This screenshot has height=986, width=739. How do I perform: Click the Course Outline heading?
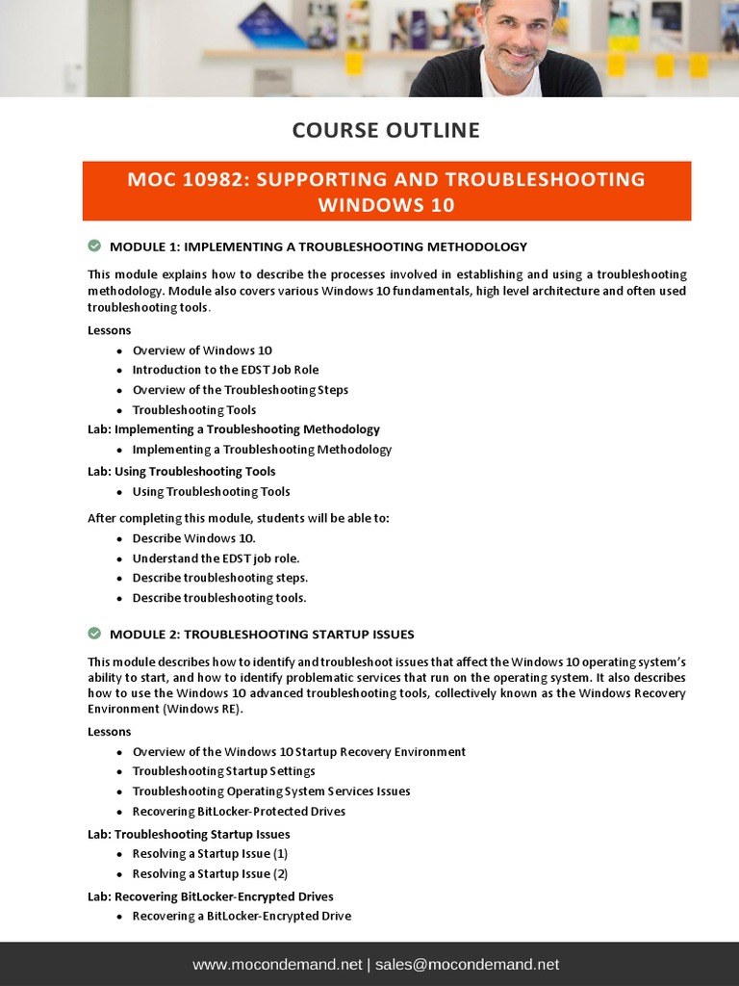[386, 130]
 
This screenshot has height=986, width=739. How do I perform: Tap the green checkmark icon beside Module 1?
[94, 246]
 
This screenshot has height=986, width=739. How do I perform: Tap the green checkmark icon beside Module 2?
[94, 634]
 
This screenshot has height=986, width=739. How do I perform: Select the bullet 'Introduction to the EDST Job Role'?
[225, 370]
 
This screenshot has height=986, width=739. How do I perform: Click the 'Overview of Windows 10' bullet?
[202, 350]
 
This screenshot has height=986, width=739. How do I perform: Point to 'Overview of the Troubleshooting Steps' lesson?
[240, 390]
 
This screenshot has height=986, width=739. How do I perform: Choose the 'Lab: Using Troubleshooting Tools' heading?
[181, 471]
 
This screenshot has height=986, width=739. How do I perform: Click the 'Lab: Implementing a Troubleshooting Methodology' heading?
[234, 429]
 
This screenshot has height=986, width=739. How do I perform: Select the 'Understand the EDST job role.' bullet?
[216, 558]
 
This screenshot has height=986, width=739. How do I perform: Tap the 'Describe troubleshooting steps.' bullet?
[219, 578]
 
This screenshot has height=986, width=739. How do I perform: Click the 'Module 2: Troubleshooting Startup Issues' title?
[262, 635]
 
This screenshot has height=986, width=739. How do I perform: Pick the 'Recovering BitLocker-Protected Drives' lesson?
[239, 812]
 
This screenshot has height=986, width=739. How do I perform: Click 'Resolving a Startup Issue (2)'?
[210, 874]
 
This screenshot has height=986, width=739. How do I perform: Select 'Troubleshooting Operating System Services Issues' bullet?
[271, 791]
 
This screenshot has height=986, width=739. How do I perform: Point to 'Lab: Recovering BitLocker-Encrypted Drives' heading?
[211, 896]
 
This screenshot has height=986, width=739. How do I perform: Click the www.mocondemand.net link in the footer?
[277, 965]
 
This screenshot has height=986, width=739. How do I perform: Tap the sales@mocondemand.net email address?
[467, 965]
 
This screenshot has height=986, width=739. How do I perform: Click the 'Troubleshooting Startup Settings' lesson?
[223, 771]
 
